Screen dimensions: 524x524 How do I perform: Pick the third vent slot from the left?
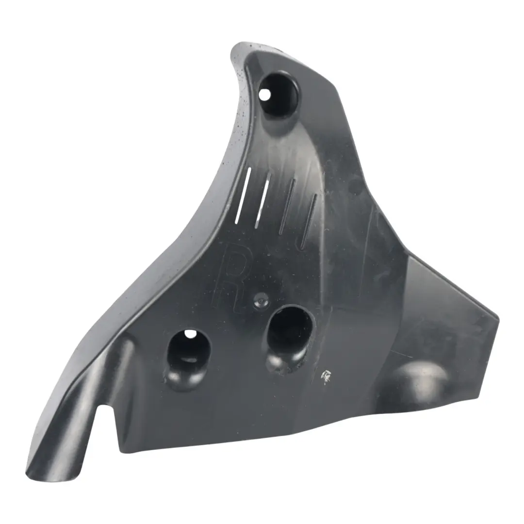tap(286, 207)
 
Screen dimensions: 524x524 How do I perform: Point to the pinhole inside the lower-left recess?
tap(191, 334)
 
